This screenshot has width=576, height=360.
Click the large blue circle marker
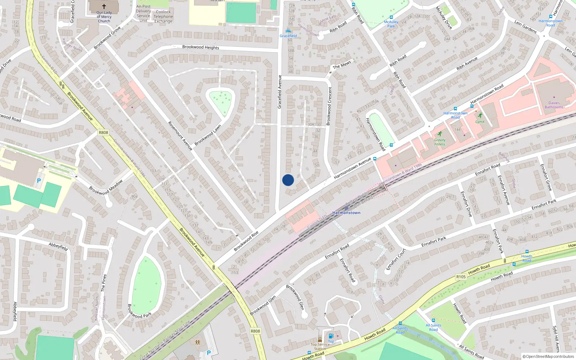[x=288, y=180]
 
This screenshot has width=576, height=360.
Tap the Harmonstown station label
[x=346, y=213]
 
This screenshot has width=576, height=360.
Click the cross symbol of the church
[x=104, y=6]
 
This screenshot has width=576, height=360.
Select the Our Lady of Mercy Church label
[x=104, y=17]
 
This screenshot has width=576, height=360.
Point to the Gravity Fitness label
[x=440, y=142]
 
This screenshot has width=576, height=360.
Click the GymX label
[x=480, y=122]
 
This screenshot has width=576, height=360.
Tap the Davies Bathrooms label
[x=554, y=105]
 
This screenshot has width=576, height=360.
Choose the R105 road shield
[x=461, y=277]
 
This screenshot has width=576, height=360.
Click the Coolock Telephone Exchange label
[x=163, y=17]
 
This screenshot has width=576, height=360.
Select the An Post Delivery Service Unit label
[x=143, y=13]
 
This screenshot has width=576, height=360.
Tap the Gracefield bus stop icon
[x=288, y=31]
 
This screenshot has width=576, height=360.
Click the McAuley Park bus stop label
[x=391, y=24]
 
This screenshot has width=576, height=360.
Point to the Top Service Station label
[x=320, y=346]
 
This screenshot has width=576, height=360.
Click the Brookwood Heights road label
[x=201, y=47]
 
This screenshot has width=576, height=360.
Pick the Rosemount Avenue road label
[x=180, y=136]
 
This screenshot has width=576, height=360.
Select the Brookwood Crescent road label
[x=329, y=106]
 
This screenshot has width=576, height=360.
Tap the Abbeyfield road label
[x=58, y=247]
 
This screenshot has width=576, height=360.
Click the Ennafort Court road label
[x=396, y=259]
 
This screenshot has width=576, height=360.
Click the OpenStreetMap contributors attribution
[x=548, y=356]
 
